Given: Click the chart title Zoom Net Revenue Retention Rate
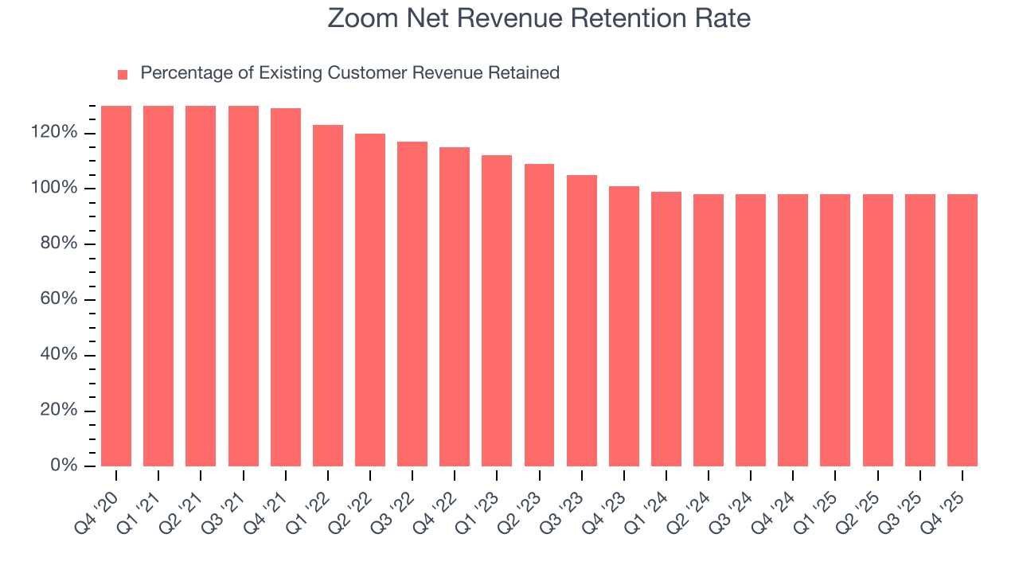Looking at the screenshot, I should click(539, 18).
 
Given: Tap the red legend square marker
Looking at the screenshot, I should click(123, 74).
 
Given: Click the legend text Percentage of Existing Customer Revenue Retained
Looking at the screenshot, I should click(349, 73).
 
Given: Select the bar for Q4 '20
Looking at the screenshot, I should click(116, 286).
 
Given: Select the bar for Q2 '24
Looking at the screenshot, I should click(709, 330).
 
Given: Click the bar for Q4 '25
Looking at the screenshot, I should click(962, 330).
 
